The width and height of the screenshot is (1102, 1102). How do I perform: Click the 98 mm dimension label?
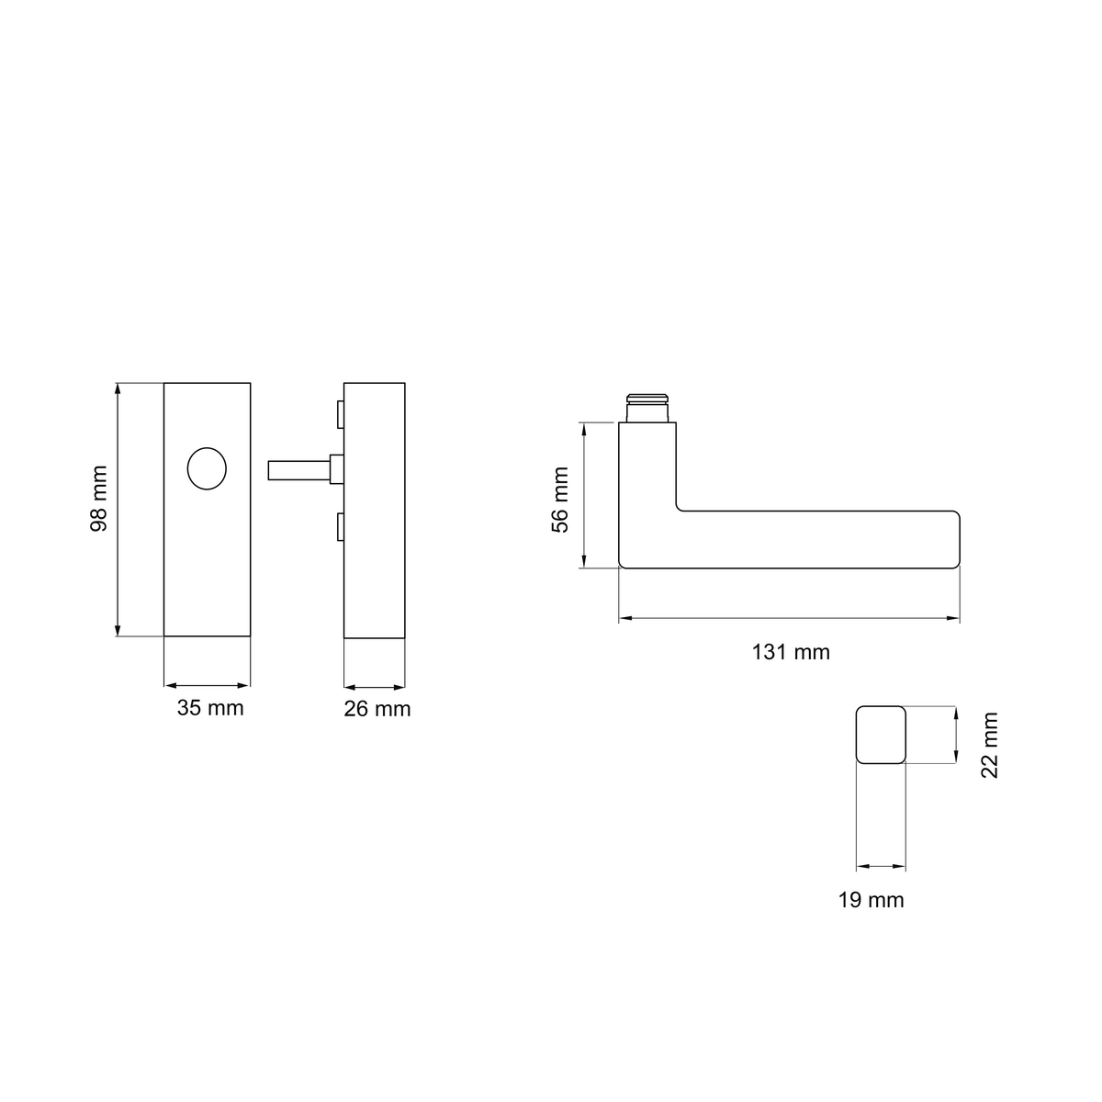click(99, 499)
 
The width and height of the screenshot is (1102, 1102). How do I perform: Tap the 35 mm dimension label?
click(210, 708)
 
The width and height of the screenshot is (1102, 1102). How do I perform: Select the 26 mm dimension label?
click(377, 709)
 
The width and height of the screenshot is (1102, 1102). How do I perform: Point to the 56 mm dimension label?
click(560, 500)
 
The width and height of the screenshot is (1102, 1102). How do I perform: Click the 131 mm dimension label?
click(791, 652)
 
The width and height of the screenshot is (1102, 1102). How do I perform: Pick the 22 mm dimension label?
click(990, 745)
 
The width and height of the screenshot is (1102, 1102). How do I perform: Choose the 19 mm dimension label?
click(871, 900)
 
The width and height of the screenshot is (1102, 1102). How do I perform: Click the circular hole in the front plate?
click(207, 468)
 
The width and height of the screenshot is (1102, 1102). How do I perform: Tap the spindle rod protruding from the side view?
click(299, 470)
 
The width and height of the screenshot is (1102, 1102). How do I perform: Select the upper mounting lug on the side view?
click(341, 414)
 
